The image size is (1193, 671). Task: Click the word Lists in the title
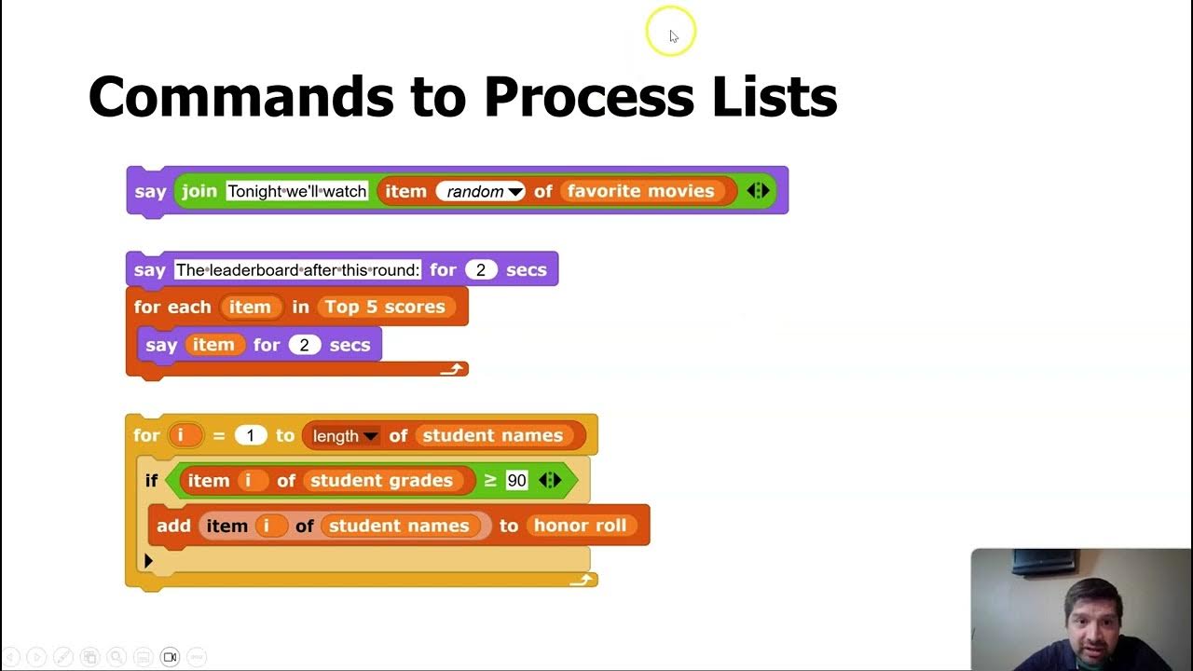[x=774, y=96]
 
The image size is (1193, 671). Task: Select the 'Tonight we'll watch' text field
[x=297, y=191]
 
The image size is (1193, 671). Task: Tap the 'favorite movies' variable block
[x=641, y=191]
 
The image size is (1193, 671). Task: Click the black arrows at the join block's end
[x=758, y=191]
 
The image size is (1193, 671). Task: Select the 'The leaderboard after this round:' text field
[x=297, y=270]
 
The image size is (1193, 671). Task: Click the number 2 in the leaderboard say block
[x=481, y=270]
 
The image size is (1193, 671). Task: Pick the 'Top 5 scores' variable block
[x=386, y=307]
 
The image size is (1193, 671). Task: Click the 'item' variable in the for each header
[x=250, y=307]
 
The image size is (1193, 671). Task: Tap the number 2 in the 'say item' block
[x=305, y=345]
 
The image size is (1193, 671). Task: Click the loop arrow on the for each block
[x=452, y=369]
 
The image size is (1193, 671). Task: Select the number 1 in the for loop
[x=250, y=435]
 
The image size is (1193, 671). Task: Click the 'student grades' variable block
[x=381, y=481]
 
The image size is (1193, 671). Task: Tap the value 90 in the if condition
[x=516, y=481]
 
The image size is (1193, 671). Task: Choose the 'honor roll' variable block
[x=580, y=526]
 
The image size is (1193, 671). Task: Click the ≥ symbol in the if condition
[x=490, y=481]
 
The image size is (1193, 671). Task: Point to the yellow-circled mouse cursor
[x=671, y=34]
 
